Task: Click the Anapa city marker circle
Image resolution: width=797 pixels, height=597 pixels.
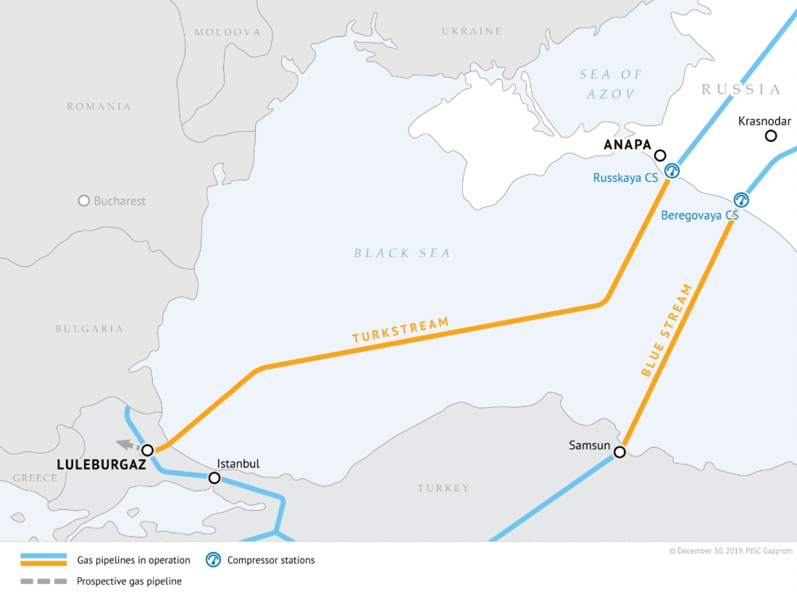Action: [x=660, y=155]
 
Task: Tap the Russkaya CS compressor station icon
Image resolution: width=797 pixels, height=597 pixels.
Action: [x=672, y=171]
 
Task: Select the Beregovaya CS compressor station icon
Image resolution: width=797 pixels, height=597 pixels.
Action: [x=740, y=200]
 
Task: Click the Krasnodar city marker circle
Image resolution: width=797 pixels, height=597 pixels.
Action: [x=771, y=136]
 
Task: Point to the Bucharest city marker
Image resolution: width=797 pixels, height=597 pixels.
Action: [x=84, y=201]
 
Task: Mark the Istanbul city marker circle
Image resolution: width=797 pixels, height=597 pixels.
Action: [x=214, y=478]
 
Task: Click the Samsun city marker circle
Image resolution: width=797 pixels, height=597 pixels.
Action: [x=619, y=452]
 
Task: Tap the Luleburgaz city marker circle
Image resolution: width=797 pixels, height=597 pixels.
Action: [x=147, y=451]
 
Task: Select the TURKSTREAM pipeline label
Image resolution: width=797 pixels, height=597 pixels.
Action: [x=401, y=330]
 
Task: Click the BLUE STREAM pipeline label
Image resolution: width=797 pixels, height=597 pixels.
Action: [x=667, y=330]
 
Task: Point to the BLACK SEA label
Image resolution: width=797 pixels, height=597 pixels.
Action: [x=402, y=254]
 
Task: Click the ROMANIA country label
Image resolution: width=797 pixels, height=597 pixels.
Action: [x=99, y=107]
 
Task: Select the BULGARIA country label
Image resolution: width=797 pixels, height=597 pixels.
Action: [x=89, y=329]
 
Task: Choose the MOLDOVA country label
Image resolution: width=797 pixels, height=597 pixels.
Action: [x=228, y=33]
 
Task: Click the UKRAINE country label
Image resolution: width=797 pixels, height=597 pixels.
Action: [x=472, y=31]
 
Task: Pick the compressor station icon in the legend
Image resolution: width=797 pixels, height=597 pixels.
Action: [x=213, y=560]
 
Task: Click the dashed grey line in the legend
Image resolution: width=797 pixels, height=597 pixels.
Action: [x=43, y=581]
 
